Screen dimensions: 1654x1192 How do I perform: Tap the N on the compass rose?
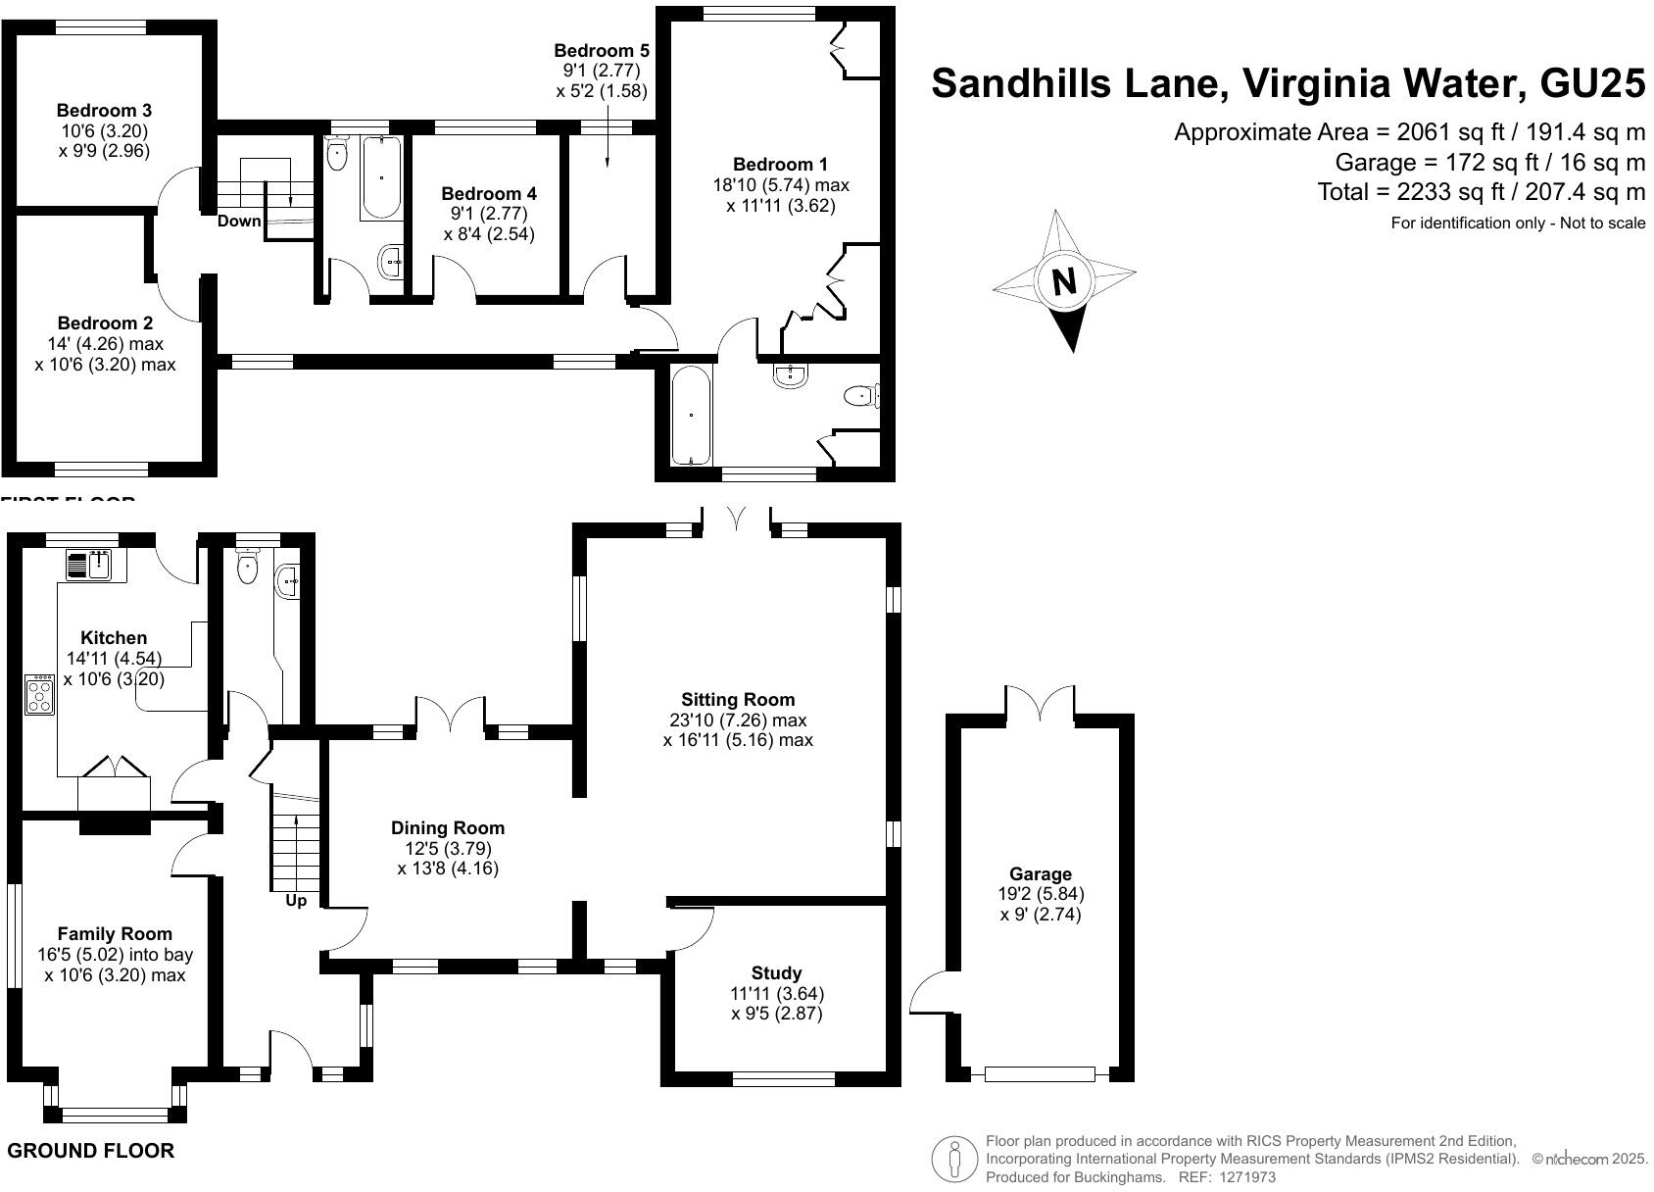coord(1063,282)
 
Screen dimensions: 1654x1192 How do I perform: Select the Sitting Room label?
coord(738,700)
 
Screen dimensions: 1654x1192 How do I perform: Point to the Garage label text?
coord(1041,873)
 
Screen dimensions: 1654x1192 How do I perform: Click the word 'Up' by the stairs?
coord(296,900)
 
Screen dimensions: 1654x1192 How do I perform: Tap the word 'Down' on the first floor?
coord(239,221)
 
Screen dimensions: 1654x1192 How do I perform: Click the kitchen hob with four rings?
coord(40,694)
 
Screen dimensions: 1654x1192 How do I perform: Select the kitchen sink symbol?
coord(90,565)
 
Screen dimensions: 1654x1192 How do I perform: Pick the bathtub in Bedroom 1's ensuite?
coord(692,416)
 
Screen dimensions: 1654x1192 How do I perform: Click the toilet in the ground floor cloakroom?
coord(248,565)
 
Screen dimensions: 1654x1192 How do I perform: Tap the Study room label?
coord(776,972)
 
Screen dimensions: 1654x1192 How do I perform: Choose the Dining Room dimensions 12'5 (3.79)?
coord(448,848)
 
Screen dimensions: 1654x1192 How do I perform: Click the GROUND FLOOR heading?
coord(90,1151)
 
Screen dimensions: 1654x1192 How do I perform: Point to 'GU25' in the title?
coord(1592,83)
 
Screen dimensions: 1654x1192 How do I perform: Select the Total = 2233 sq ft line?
coord(1481,191)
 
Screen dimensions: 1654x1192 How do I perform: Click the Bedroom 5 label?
coord(601,51)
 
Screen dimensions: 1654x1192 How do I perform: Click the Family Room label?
coord(115,934)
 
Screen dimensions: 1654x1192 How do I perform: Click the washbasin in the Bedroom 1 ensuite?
coord(790,375)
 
